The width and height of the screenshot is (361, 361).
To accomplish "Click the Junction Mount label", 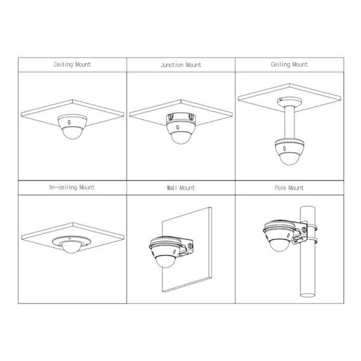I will (180, 65).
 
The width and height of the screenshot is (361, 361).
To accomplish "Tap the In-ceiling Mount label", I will (72, 188).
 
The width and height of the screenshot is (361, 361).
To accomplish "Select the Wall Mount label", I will (180, 188).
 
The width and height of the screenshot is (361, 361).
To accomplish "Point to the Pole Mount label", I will (289, 188).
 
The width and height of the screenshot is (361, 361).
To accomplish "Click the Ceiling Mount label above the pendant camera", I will (289, 64).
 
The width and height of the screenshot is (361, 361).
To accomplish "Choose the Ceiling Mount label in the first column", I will (72, 64).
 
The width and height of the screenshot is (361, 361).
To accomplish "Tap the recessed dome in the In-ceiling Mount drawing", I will (71, 244).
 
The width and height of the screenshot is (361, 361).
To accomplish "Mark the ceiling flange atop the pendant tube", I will (289, 100).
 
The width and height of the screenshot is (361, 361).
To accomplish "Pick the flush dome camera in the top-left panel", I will (72, 128).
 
